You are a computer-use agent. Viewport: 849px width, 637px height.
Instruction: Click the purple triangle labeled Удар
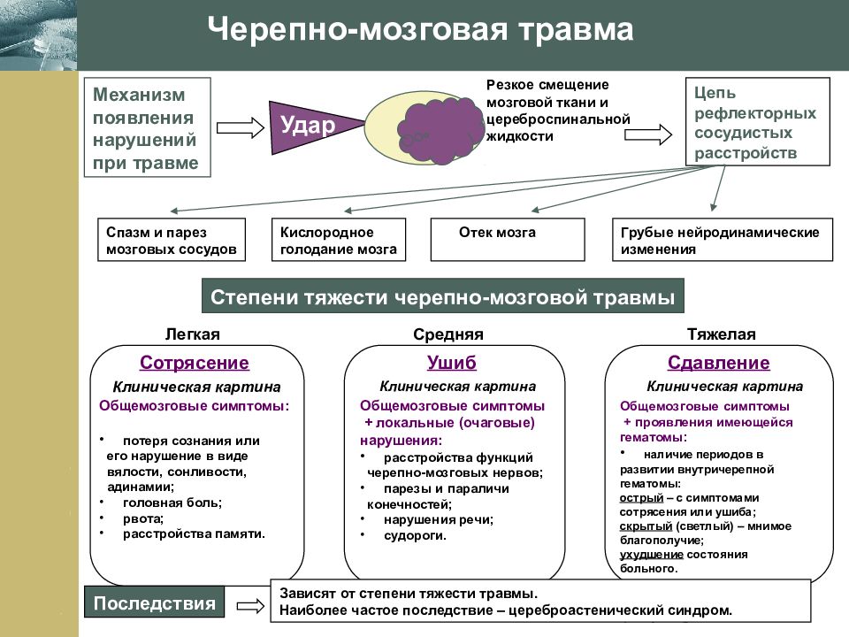tap(309, 127)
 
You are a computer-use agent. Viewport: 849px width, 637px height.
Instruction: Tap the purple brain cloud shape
tap(440, 130)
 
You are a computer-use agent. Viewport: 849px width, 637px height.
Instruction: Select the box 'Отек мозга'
tap(508, 240)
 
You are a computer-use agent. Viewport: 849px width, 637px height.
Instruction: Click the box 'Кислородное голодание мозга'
tap(339, 240)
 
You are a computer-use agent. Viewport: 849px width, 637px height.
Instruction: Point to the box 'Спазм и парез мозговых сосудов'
tap(172, 240)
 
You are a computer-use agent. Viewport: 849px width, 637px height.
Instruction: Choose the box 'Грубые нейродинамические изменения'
tap(723, 240)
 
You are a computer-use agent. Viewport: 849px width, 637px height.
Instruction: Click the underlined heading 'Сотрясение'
tap(195, 363)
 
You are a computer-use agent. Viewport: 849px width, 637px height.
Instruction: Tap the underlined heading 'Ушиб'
tap(452, 363)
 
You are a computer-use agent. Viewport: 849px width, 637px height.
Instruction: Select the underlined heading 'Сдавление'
tap(718, 363)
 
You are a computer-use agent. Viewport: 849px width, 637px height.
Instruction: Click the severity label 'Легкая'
tap(193, 334)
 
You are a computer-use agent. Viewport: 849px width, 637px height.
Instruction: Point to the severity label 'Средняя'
tap(448, 334)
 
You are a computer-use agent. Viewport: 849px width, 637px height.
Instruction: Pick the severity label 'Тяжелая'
tap(722, 334)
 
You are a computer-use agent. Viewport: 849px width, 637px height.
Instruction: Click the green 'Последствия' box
tap(154, 602)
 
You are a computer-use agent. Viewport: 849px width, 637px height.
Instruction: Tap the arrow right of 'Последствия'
tap(250, 605)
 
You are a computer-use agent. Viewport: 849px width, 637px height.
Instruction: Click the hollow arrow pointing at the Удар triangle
tap(241, 127)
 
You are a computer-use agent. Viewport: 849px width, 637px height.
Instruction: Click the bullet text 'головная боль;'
tap(172, 503)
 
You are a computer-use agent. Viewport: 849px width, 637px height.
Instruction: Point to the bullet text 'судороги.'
tap(415, 536)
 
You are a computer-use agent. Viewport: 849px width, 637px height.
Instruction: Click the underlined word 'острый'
tap(642, 498)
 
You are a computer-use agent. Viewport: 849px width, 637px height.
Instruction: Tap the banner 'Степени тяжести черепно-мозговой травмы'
tap(443, 296)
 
